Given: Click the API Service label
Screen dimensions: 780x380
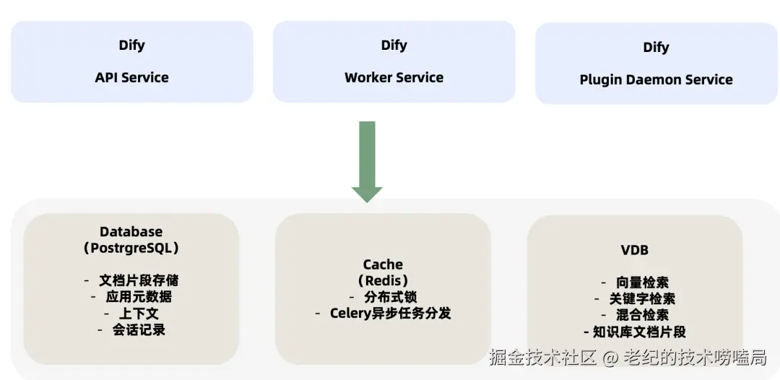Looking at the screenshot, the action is click(132, 77).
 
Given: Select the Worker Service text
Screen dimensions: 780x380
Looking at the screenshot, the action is click(394, 77).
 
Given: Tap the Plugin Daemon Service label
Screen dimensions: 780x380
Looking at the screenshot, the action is click(656, 79).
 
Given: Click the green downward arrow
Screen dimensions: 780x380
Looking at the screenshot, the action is click(367, 162).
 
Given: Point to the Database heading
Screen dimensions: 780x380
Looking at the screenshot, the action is click(131, 231).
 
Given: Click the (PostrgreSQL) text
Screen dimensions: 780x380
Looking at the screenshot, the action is click(131, 248).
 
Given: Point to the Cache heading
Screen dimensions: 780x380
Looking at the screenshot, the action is click(383, 264).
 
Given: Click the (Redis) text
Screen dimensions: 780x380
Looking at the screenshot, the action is click(383, 280).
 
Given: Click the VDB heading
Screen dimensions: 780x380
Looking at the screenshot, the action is click(636, 250).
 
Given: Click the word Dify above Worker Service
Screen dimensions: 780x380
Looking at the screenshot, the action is click(394, 46).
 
